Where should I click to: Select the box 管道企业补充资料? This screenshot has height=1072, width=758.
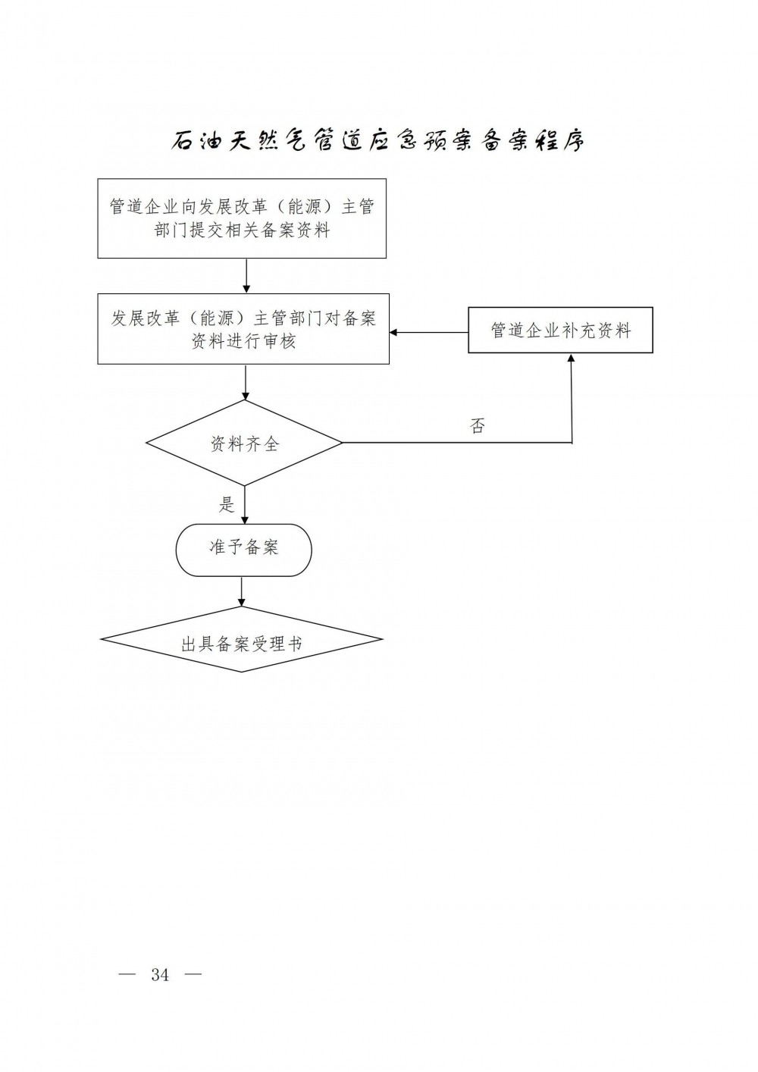(x=560, y=331)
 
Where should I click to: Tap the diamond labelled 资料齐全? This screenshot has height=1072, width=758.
(x=244, y=444)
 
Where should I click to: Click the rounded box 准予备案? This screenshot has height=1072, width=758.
(x=243, y=549)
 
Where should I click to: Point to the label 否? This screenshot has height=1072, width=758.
(x=478, y=426)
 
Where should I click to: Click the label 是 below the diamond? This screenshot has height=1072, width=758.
(x=227, y=504)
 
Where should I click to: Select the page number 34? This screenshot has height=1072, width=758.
(x=160, y=975)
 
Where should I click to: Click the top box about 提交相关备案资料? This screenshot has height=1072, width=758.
(x=242, y=218)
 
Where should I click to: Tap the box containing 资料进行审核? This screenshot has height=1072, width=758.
(x=243, y=329)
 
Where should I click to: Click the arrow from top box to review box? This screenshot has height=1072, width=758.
(x=246, y=276)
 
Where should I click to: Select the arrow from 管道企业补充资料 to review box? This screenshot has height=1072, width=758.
(x=429, y=332)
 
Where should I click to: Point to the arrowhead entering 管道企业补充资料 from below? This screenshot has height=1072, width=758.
(x=572, y=359)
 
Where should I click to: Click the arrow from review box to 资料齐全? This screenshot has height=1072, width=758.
(x=246, y=383)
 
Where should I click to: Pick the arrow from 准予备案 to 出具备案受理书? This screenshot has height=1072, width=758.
(x=242, y=591)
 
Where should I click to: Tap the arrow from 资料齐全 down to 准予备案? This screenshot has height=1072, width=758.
(x=245, y=505)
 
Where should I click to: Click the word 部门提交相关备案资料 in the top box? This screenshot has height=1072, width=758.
(x=243, y=230)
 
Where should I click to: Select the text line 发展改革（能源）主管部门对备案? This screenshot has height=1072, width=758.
(x=243, y=318)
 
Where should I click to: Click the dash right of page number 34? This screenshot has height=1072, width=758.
(x=193, y=974)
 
